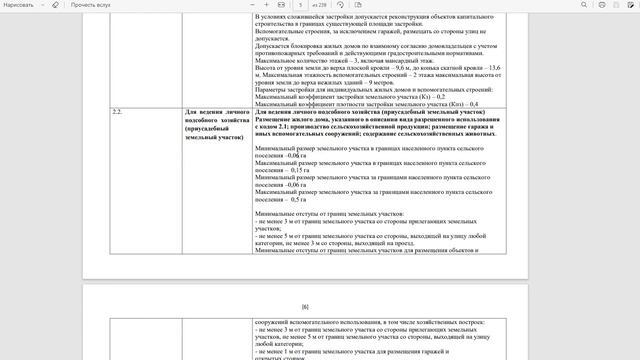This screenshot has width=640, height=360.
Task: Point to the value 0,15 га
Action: click(x=296, y=170)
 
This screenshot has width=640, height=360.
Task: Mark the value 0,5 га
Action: click(x=296, y=199)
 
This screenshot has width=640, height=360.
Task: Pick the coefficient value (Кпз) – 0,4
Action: click(x=460, y=103)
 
